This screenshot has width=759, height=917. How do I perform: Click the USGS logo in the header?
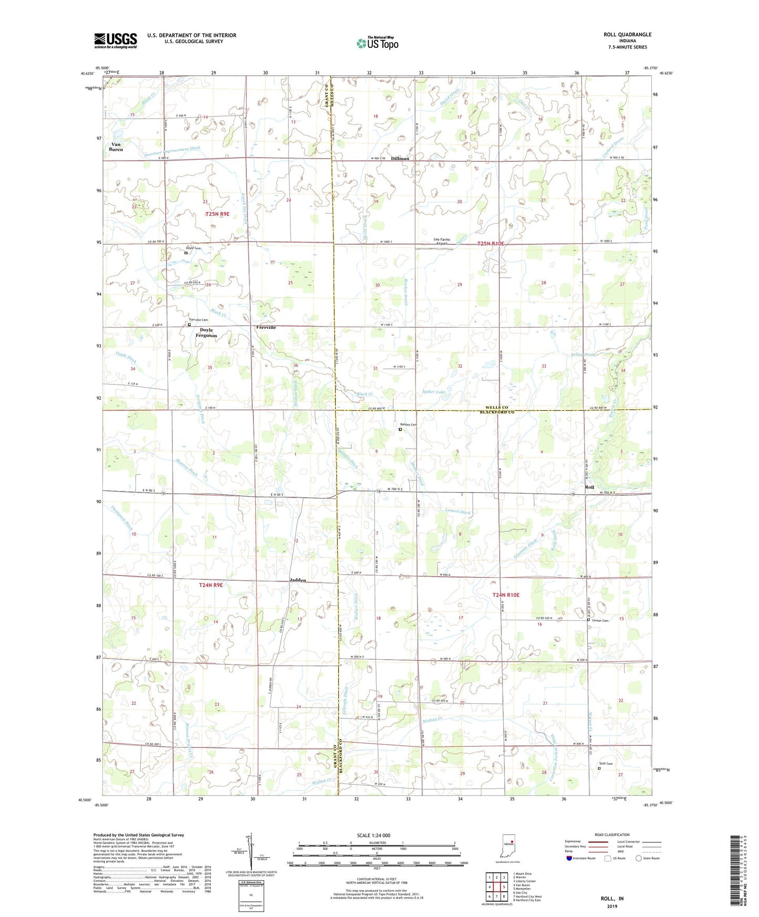116,40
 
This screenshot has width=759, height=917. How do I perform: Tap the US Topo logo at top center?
377,43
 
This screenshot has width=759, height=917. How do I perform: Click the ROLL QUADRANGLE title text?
627,35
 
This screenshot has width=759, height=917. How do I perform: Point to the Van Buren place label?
116,147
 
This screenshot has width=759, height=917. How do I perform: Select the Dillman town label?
400,158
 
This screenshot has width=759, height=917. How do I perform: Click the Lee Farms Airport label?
441,241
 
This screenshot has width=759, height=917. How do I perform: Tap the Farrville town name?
266,327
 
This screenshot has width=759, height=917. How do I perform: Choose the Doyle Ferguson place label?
206,332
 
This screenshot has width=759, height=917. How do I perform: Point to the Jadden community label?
298,580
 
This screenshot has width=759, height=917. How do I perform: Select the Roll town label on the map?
589,487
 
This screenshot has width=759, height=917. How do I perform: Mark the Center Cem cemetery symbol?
588,620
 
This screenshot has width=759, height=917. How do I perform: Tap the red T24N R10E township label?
505,595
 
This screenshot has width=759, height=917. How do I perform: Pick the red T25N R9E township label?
217,214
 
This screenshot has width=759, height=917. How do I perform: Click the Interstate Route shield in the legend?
569,858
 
